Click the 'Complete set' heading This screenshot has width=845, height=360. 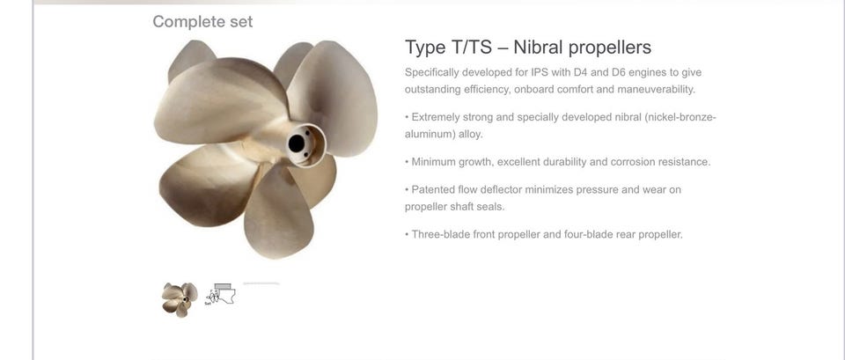click(202, 22)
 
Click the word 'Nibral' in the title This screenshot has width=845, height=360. click(538, 48)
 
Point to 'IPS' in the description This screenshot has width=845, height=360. click(540, 72)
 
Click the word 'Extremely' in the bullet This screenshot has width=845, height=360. click(435, 117)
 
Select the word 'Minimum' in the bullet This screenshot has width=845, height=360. click(433, 162)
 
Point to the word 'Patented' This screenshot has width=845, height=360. click(433, 190)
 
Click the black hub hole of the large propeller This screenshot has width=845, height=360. click(297, 143)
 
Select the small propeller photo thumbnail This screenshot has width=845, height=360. click(180, 299)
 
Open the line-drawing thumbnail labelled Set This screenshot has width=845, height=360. click(221, 294)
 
